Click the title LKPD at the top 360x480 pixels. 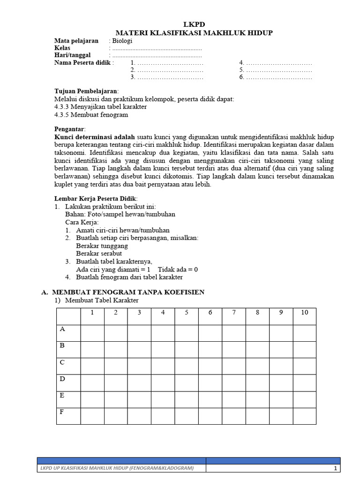point(194,24)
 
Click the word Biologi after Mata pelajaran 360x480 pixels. point(122,40)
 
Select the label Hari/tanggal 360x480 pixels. point(72,55)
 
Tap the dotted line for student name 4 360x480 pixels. point(278,63)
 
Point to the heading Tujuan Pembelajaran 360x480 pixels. point(86,91)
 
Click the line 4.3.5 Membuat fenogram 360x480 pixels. point(91,114)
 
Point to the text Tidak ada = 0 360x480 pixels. point(178,269)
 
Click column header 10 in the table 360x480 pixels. point(305,313)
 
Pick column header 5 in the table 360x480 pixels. point(187,313)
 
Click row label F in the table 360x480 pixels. point(62,412)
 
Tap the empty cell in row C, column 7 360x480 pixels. point(234,366)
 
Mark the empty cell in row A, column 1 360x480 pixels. point(92,333)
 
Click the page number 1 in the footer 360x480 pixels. point(335,468)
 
